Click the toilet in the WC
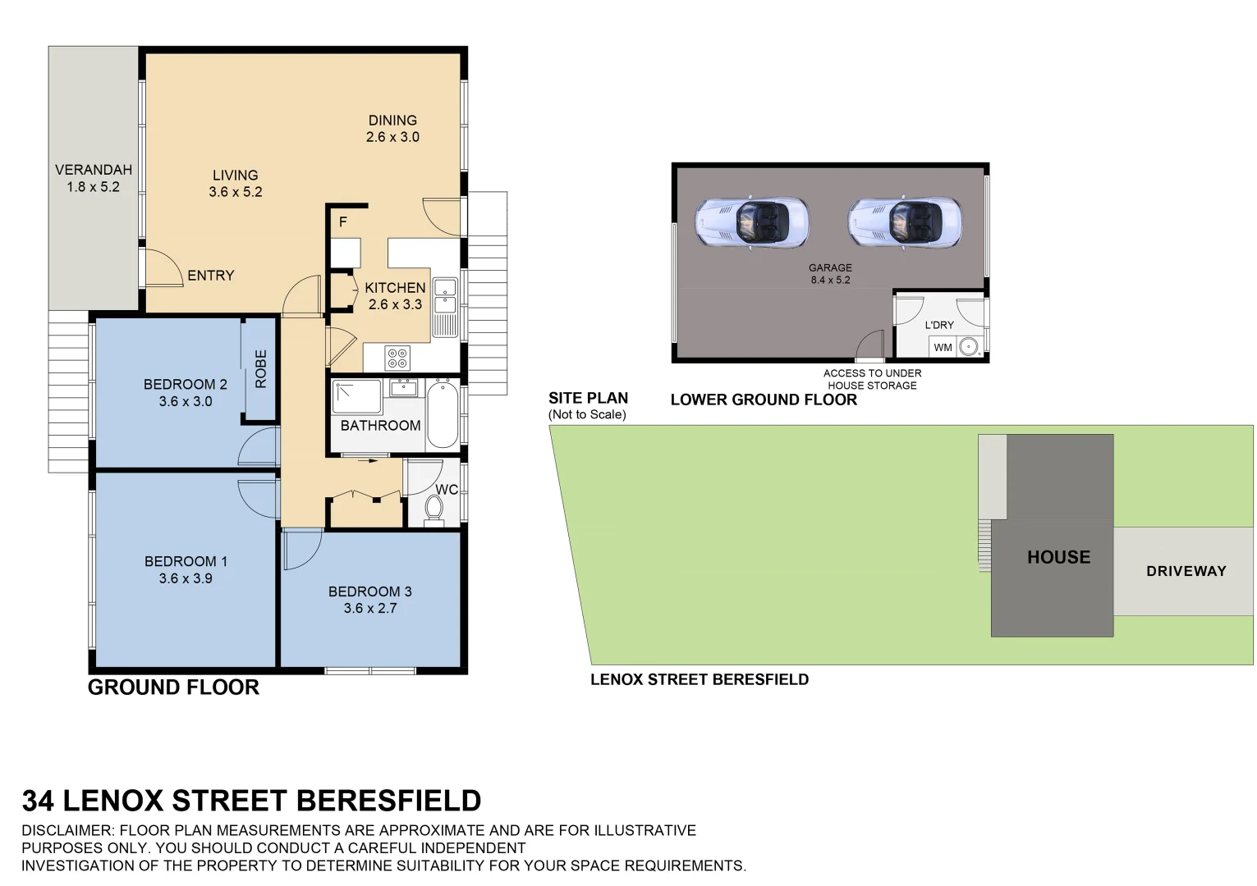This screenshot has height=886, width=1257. [434, 509]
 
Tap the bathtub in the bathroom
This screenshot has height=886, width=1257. [442, 414]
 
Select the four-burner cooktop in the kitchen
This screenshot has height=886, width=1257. [397, 359]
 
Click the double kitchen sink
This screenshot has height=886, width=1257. [445, 295]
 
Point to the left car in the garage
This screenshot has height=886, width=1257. [751, 222]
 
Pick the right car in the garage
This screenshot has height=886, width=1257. [904, 222]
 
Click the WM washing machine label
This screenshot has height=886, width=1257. [943, 347]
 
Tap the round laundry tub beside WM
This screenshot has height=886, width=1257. [969, 347]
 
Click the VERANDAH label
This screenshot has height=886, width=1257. [94, 170]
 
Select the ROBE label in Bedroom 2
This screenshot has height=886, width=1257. [261, 368]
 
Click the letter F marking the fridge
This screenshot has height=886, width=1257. [343, 222]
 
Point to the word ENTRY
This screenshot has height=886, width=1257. [211, 276]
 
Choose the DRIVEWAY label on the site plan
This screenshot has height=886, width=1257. [1186, 571]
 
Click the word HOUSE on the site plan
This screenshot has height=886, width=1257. [1058, 557]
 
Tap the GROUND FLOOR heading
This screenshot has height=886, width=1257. [173, 687]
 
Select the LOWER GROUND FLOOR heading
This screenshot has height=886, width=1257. [764, 400]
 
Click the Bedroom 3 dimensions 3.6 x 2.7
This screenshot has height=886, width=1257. [370, 608]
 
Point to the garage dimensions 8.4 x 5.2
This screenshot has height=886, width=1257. [830, 280]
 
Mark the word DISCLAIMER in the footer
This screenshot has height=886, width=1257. [67, 830]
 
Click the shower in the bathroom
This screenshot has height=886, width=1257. [356, 397]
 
